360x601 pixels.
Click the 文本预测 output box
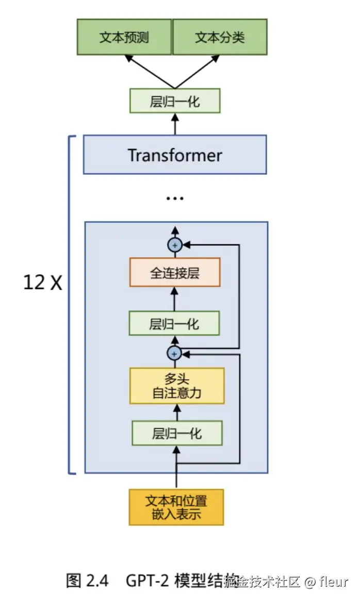[x=124, y=37]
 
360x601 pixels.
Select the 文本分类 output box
[x=220, y=37]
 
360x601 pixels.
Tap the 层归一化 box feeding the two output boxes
[x=175, y=101]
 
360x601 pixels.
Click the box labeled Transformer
[x=175, y=155]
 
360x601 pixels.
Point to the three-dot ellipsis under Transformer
[x=175, y=198]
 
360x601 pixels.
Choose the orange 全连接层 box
[x=175, y=273]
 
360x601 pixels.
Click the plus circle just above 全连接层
[x=175, y=245]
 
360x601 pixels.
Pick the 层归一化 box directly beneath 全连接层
[x=175, y=324]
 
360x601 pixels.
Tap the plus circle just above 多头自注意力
[x=175, y=354]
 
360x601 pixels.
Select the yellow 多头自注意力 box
[x=177, y=386]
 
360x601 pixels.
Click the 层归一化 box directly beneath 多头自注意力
[x=177, y=433]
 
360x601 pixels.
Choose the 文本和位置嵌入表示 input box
[x=176, y=507]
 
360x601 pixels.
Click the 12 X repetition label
[x=42, y=282]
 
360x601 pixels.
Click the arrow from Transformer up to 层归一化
[x=175, y=124]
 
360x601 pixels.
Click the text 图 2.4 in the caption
[x=88, y=581]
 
